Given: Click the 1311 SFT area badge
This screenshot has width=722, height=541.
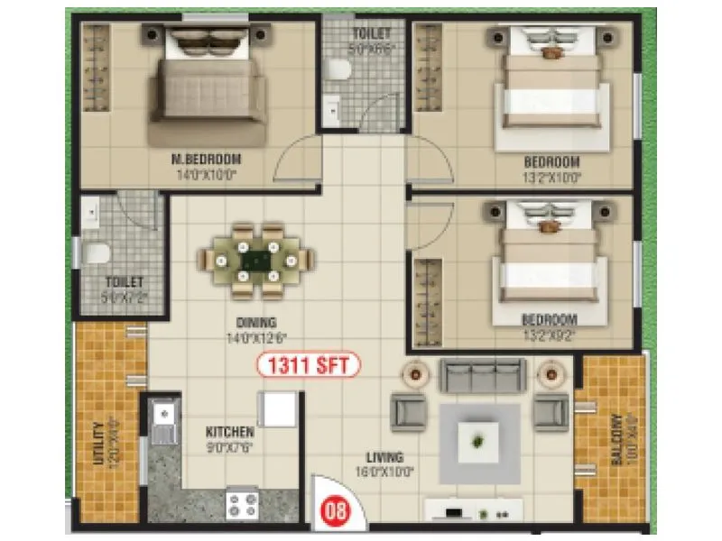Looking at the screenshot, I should (310, 365).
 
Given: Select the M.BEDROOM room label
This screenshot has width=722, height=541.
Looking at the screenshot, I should (207, 160).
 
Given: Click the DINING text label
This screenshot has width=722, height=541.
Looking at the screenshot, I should (257, 322).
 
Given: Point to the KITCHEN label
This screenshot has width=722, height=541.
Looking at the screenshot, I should (223, 432).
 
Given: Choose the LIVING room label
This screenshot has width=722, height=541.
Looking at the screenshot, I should (384, 457).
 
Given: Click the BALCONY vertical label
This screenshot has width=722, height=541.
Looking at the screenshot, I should (616, 439).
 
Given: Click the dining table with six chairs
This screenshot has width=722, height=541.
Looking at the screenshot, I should (257, 260).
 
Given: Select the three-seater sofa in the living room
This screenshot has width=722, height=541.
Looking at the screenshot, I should (482, 375).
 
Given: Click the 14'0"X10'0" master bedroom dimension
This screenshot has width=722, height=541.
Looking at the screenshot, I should (207, 175).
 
